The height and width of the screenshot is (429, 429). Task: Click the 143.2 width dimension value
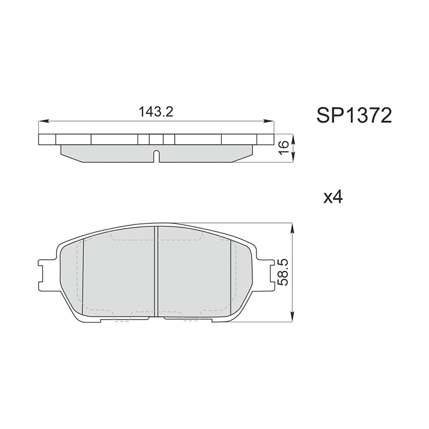click(x=156, y=112)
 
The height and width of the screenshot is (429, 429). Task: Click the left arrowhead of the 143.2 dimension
click(x=43, y=121)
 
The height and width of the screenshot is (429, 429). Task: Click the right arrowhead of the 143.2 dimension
click(x=269, y=121)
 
